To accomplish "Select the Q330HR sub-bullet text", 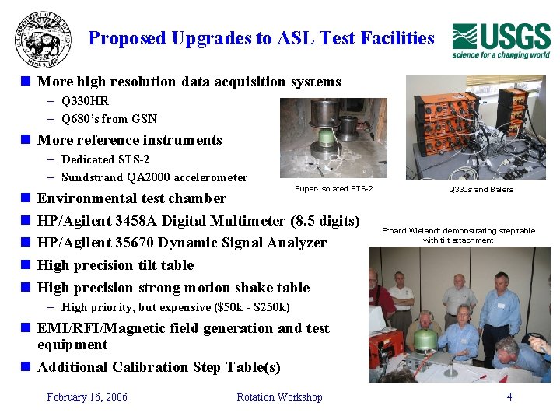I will [85, 101].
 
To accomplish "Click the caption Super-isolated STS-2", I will [334, 189].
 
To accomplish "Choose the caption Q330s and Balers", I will [481, 189].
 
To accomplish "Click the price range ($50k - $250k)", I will [245, 307].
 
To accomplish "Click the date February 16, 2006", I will [87, 397].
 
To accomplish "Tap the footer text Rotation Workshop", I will [279, 397].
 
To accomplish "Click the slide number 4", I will [509, 397].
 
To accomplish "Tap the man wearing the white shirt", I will [401, 299].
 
